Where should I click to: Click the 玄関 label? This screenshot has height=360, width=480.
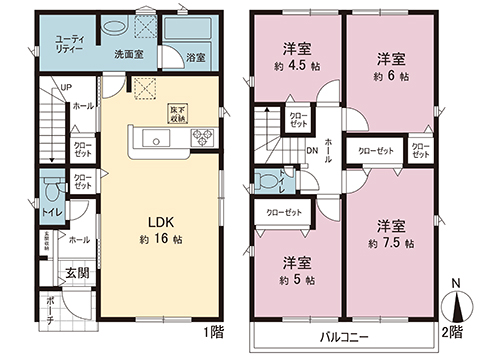pos(78,271)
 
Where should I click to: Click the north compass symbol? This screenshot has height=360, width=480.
pos(455,306)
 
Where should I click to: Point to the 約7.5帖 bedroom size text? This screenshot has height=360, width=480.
pos(389,242)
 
